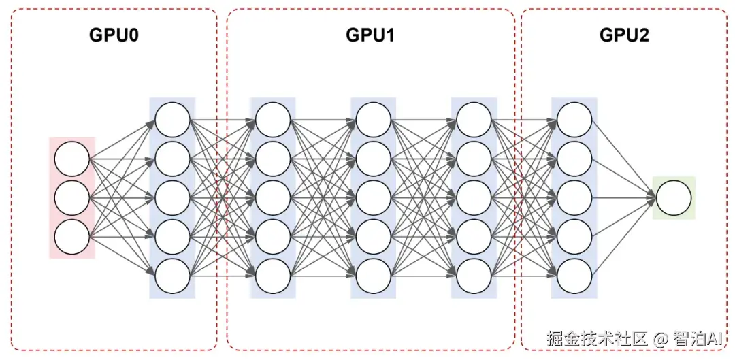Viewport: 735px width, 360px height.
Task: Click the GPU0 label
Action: [x=114, y=35]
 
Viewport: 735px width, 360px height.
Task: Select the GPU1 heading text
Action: [x=370, y=35]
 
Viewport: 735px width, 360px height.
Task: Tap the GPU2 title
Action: [x=624, y=35]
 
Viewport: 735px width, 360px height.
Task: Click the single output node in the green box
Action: [x=674, y=198]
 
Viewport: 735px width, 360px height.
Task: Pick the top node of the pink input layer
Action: [x=72, y=159]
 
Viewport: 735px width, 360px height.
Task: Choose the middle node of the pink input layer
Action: [x=72, y=198]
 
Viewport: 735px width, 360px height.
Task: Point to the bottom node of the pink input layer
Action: [x=72, y=238]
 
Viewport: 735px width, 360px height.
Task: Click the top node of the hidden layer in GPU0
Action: [x=172, y=120]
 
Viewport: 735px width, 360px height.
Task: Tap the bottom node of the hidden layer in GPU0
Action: [x=172, y=277]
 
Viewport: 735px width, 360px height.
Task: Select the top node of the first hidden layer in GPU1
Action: [x=273, y=120]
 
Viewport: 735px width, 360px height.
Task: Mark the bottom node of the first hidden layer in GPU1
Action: [x=273, y=277]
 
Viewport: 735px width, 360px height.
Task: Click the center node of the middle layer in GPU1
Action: [x=374, y=198]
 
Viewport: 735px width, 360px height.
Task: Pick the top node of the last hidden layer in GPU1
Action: [x=474, y=120]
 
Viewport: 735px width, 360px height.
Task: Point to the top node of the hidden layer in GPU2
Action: [x=574, y=120]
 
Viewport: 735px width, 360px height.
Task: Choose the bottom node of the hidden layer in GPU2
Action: [x=574, y=277]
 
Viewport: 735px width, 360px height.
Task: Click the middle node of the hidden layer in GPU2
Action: [x=574, y=198]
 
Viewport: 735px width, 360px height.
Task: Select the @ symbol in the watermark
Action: [x=660, y=338]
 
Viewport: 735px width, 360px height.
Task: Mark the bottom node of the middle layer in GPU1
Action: [x=374, y=277]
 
